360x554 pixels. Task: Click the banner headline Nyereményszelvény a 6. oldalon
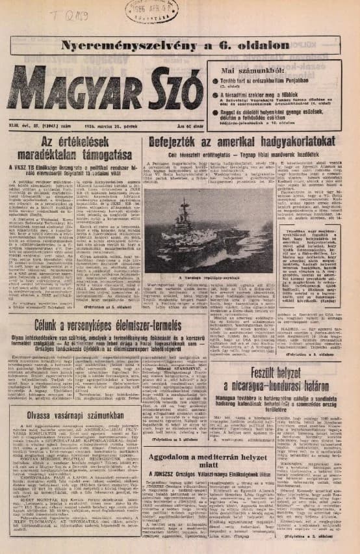pos(175,45)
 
